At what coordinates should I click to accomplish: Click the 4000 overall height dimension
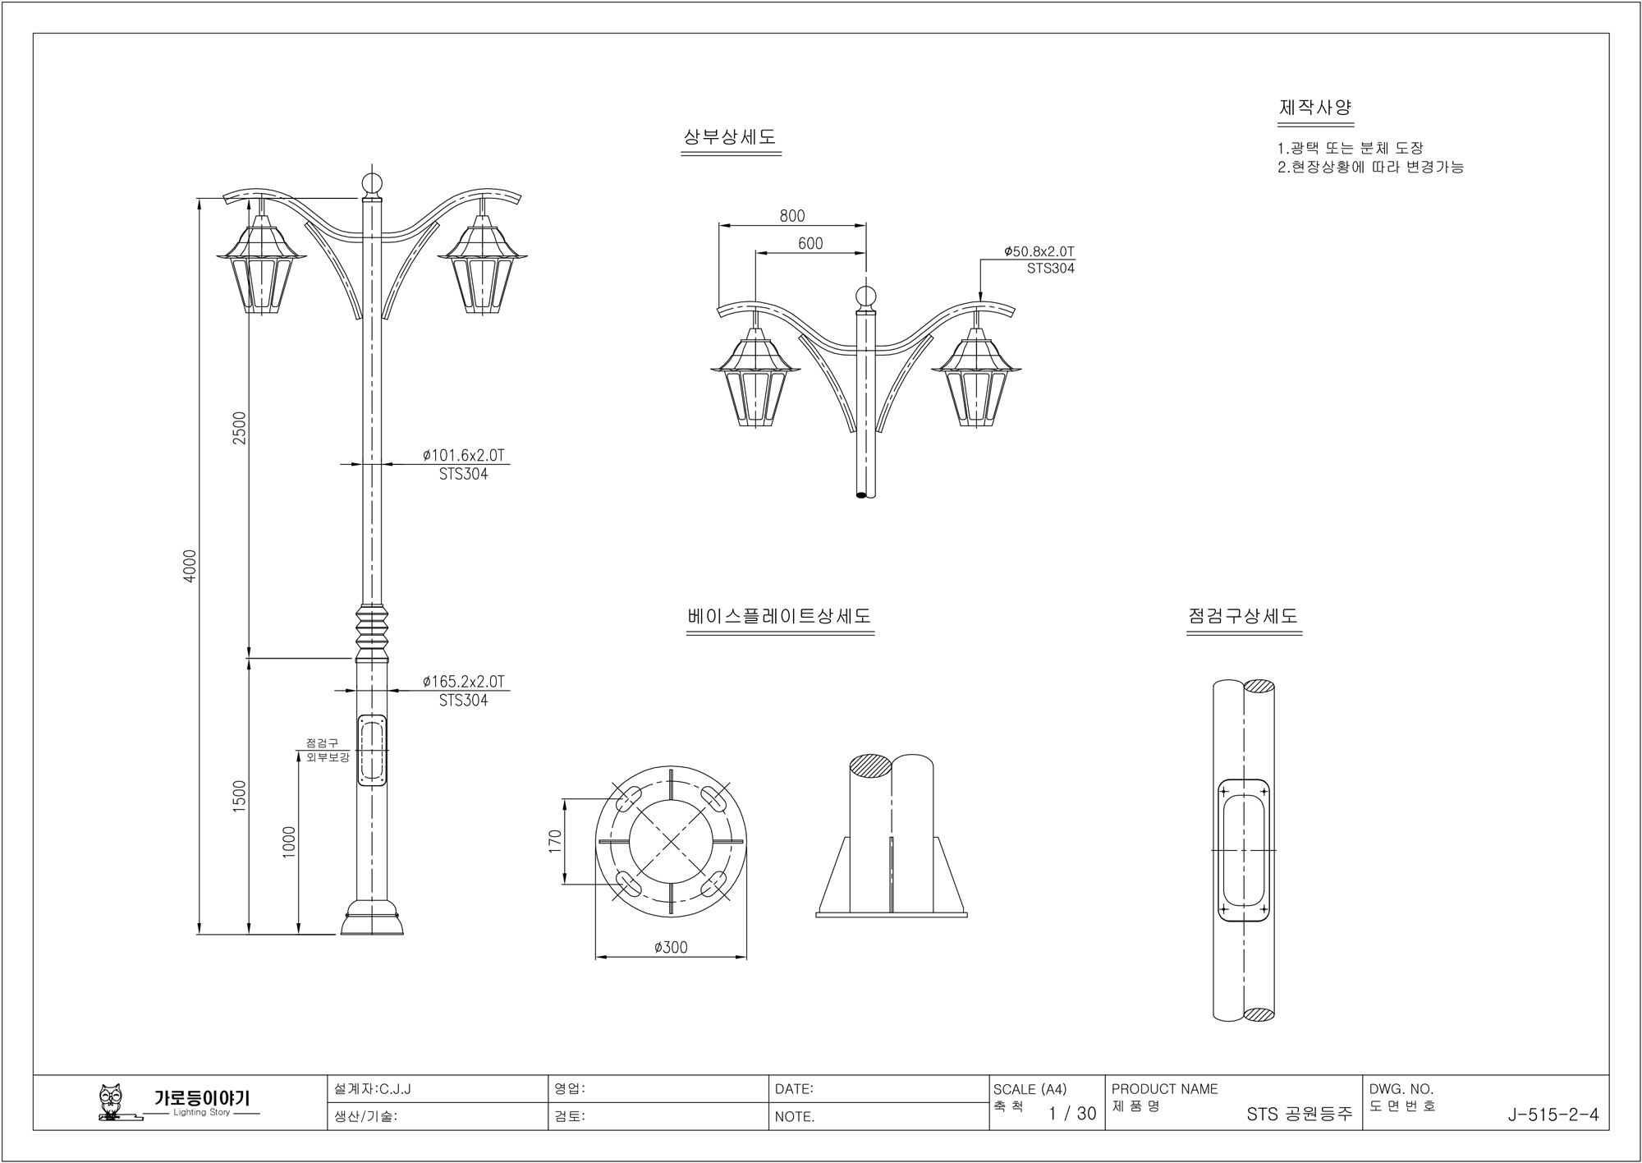[x=190, y=565]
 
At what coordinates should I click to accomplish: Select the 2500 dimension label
[x=239, y=428]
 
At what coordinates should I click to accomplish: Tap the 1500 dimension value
[x=239, y=796]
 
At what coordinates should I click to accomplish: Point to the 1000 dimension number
[x=288, y=842]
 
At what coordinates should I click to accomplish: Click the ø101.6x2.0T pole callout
[x=463, y=455]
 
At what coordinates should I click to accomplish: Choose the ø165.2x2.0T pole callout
[x=463, y=682]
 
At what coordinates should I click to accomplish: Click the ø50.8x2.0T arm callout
[x=1039, y=251]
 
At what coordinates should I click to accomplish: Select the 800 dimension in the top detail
[x=792, y=216]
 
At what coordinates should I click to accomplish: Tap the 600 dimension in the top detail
[x=810, y=244]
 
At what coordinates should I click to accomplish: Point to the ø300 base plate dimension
[x=671, y=948]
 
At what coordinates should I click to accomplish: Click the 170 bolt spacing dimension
[x=555, y=842]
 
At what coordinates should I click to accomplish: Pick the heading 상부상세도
[x=730, y=137]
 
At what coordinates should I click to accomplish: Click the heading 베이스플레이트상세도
[x=779, y=616]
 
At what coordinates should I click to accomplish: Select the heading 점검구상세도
[x=1243, y=616]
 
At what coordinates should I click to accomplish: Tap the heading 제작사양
[x=1315, y=108]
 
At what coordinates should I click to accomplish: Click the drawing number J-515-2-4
[x=1553, y=1115]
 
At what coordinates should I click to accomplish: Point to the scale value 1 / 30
[x=1072, y=1114]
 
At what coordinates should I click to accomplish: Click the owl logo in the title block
[x=109, y=1101]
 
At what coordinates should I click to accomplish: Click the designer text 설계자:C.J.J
[x=373, y=1089]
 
